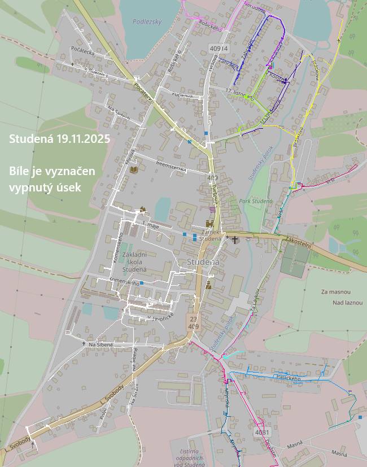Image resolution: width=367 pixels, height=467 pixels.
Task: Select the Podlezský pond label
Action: pyautogui.click(x=147, y=21)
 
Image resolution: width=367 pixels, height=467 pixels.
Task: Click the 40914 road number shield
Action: pyautogui.click(x=218, y=49)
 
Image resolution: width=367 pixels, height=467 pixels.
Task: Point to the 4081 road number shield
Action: pyautogui.click(x=262, y=433)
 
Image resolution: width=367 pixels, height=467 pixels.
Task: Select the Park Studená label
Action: pyautogui.click(x=255, y=201)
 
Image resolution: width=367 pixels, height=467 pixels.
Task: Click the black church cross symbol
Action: pyautogui.click(x=235, y=240)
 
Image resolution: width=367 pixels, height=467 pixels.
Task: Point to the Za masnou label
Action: pyautogui.click(x=336, y=292)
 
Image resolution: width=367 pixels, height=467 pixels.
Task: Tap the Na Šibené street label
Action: pyautogui.click(x=101, y=344)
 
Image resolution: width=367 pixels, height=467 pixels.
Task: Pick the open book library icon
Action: pyautogui.click(x=134, y=169)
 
